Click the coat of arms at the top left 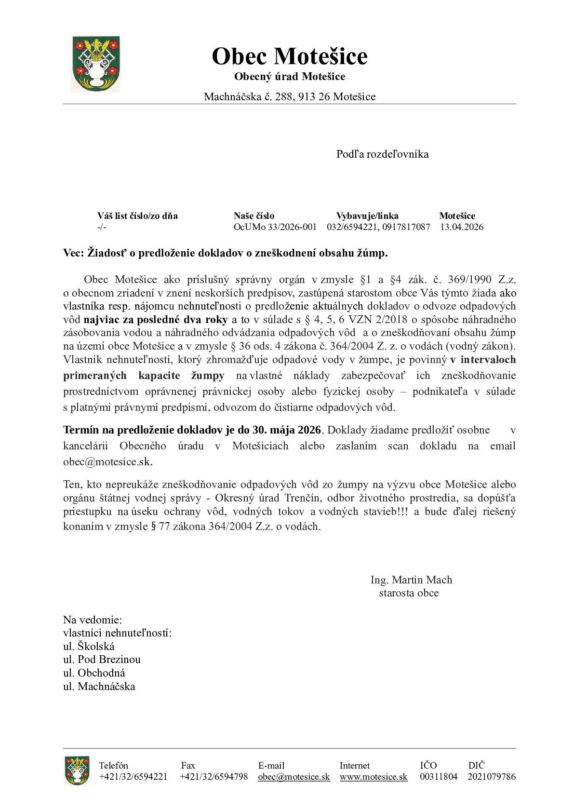pos(96,64)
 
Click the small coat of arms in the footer pos(76,771)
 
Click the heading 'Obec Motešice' pos(289,56)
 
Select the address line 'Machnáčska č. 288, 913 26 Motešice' pos(289,96)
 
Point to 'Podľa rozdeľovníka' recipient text pos(382,154)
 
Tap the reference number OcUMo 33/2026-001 pos(275,227)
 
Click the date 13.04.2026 pos(461,227)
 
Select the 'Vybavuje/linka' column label pos(367,216)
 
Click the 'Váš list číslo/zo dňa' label pos(137,216)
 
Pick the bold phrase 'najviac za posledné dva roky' pos(156,319)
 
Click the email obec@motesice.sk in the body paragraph pos(107,461)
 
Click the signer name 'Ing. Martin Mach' pos(411,580)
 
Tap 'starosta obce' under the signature pos(409,593)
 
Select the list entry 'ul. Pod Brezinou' pos(102,659)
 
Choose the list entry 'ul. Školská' pos(89,646)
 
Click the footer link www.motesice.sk pos(373,776)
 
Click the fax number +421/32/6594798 pos(214,776)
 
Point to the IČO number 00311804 pos(439,776)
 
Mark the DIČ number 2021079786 pos(491,776)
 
